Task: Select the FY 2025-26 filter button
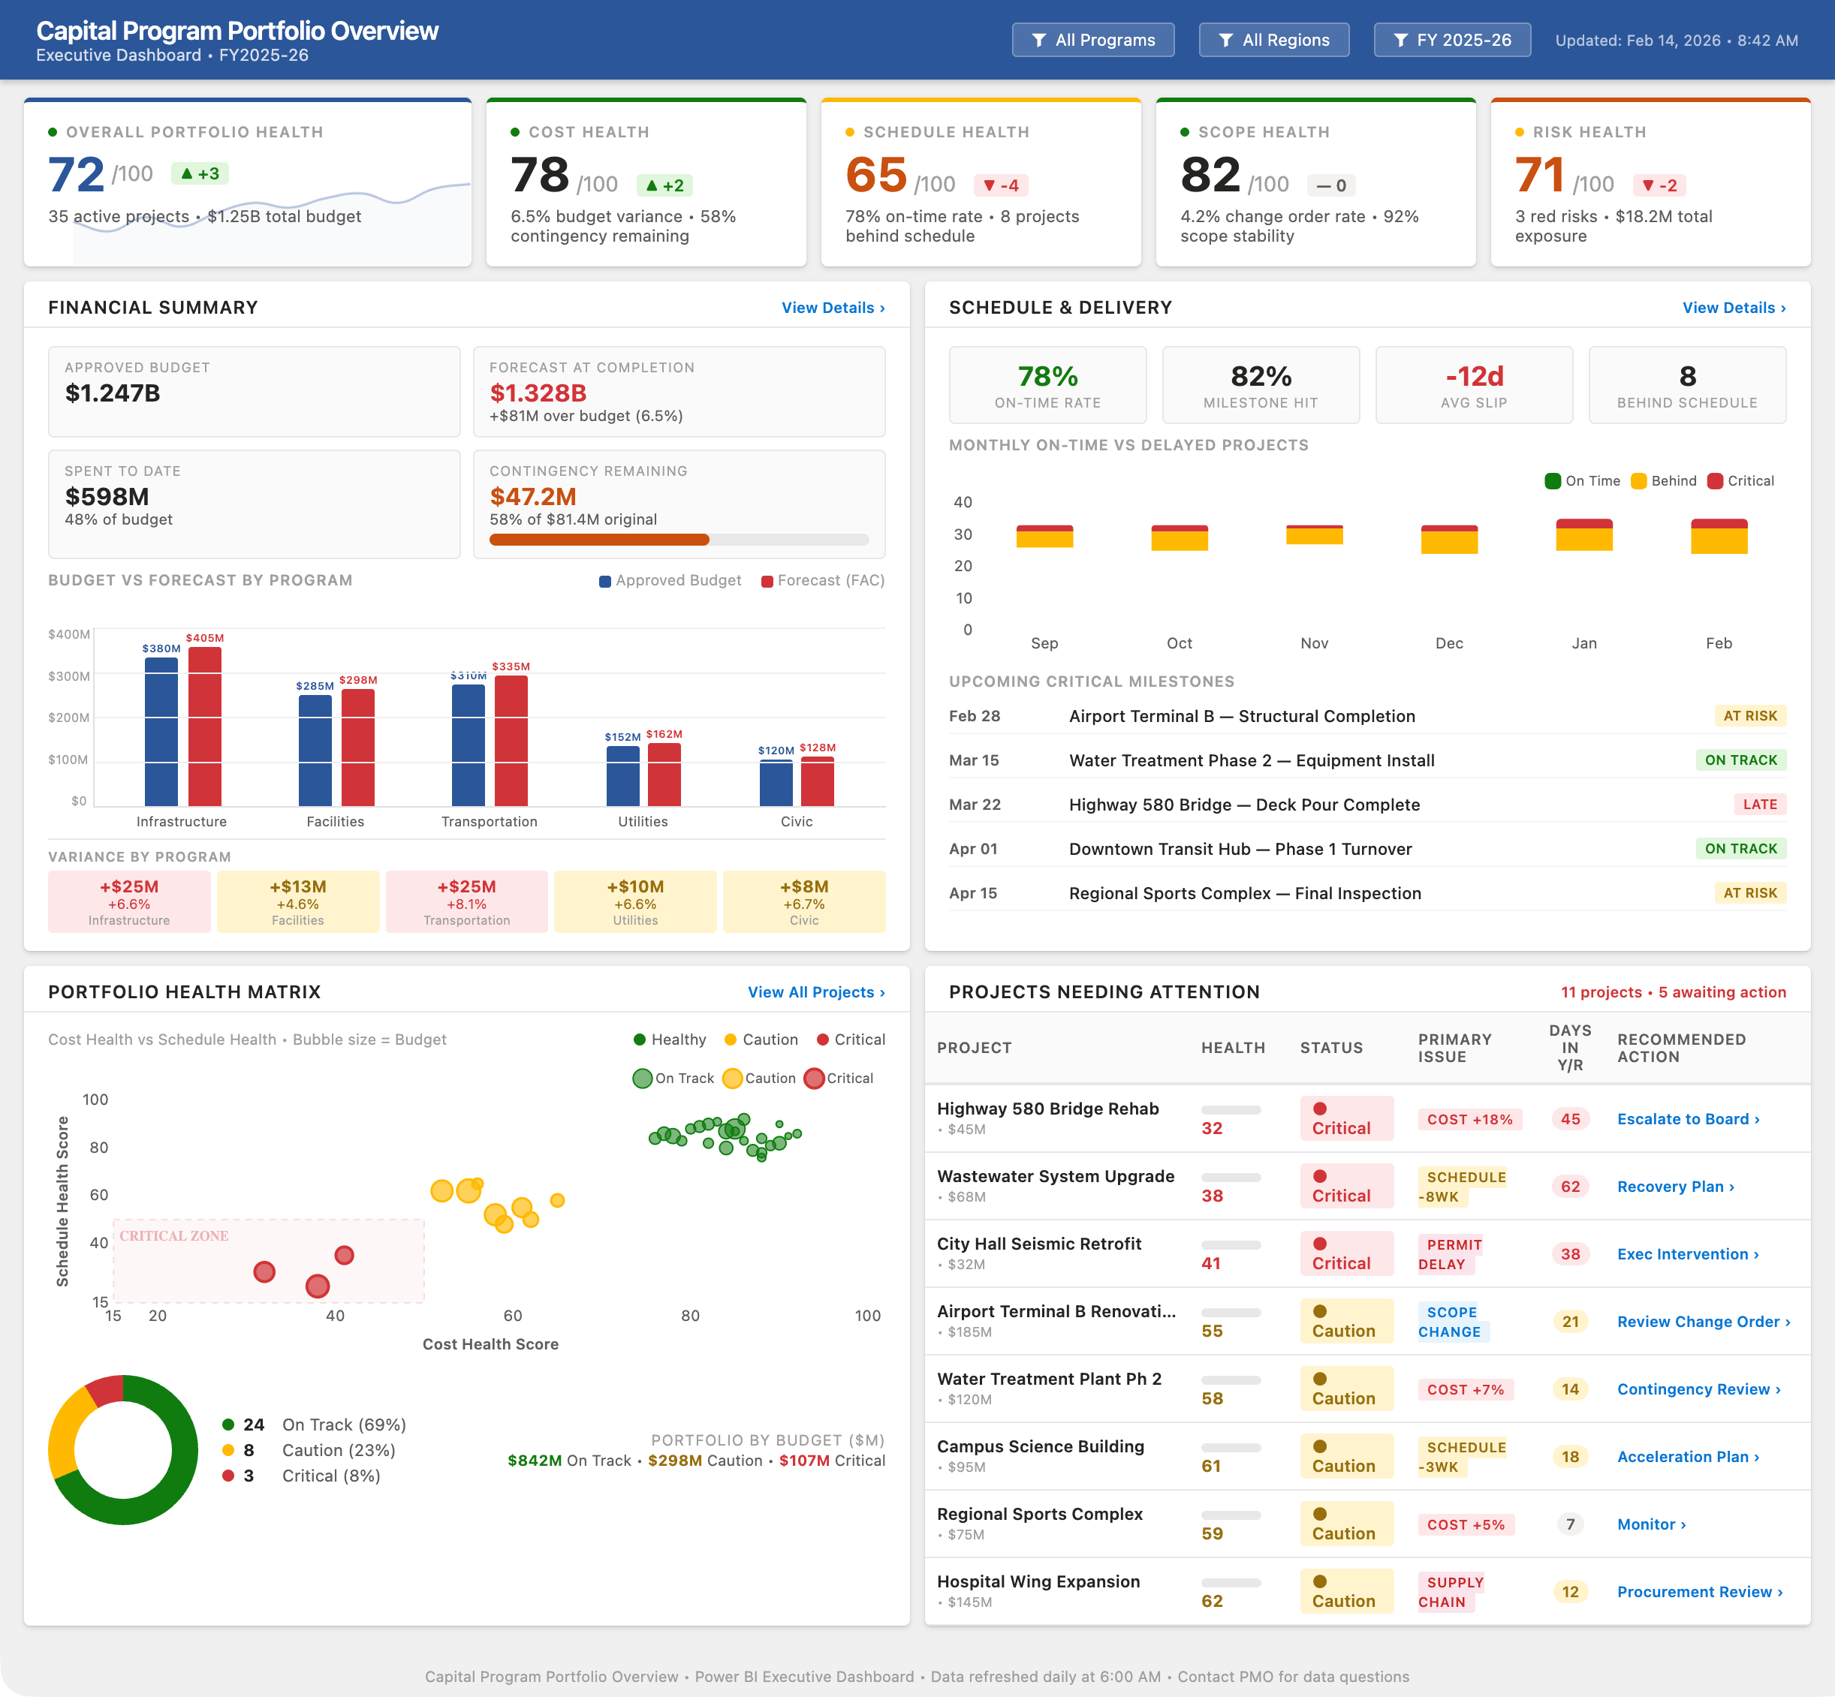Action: point(1451,41)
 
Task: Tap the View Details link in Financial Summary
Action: point(832,308)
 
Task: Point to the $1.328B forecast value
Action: point(538,393)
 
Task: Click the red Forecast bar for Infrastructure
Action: point(205,726)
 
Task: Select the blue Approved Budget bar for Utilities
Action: point(622,775)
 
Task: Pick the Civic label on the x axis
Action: point(797,821)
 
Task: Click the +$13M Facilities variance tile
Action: point(297,901)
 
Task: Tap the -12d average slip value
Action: point(1474,377)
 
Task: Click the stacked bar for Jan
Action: point(1583,534)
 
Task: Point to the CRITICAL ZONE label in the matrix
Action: point(173,1236)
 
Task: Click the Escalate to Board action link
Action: point(1688,1118)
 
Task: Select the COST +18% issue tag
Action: point(1469,1119)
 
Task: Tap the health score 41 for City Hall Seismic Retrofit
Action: point(1211,1264)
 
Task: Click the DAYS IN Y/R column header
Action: point(1569,1048)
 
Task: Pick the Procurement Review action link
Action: point(1699,1591)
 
